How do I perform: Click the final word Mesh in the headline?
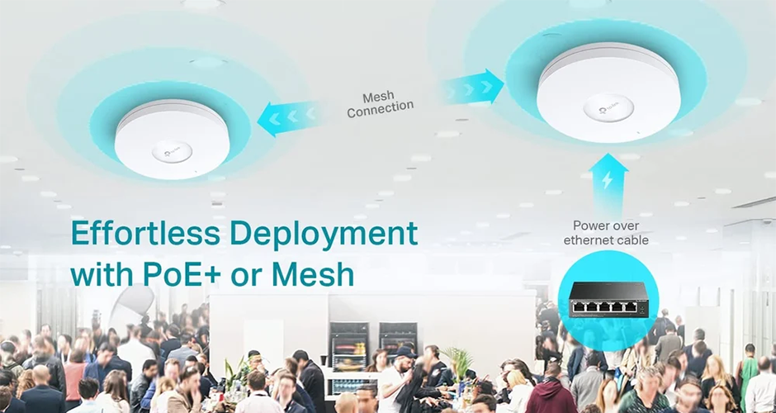point(313,275)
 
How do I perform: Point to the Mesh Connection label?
point(380,104)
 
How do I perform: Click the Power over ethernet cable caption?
point(606,233)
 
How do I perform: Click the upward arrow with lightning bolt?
point(608,183)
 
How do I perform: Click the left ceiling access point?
point(173,139)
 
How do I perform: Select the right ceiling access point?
point(608,93)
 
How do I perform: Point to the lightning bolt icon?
point(608,181)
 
